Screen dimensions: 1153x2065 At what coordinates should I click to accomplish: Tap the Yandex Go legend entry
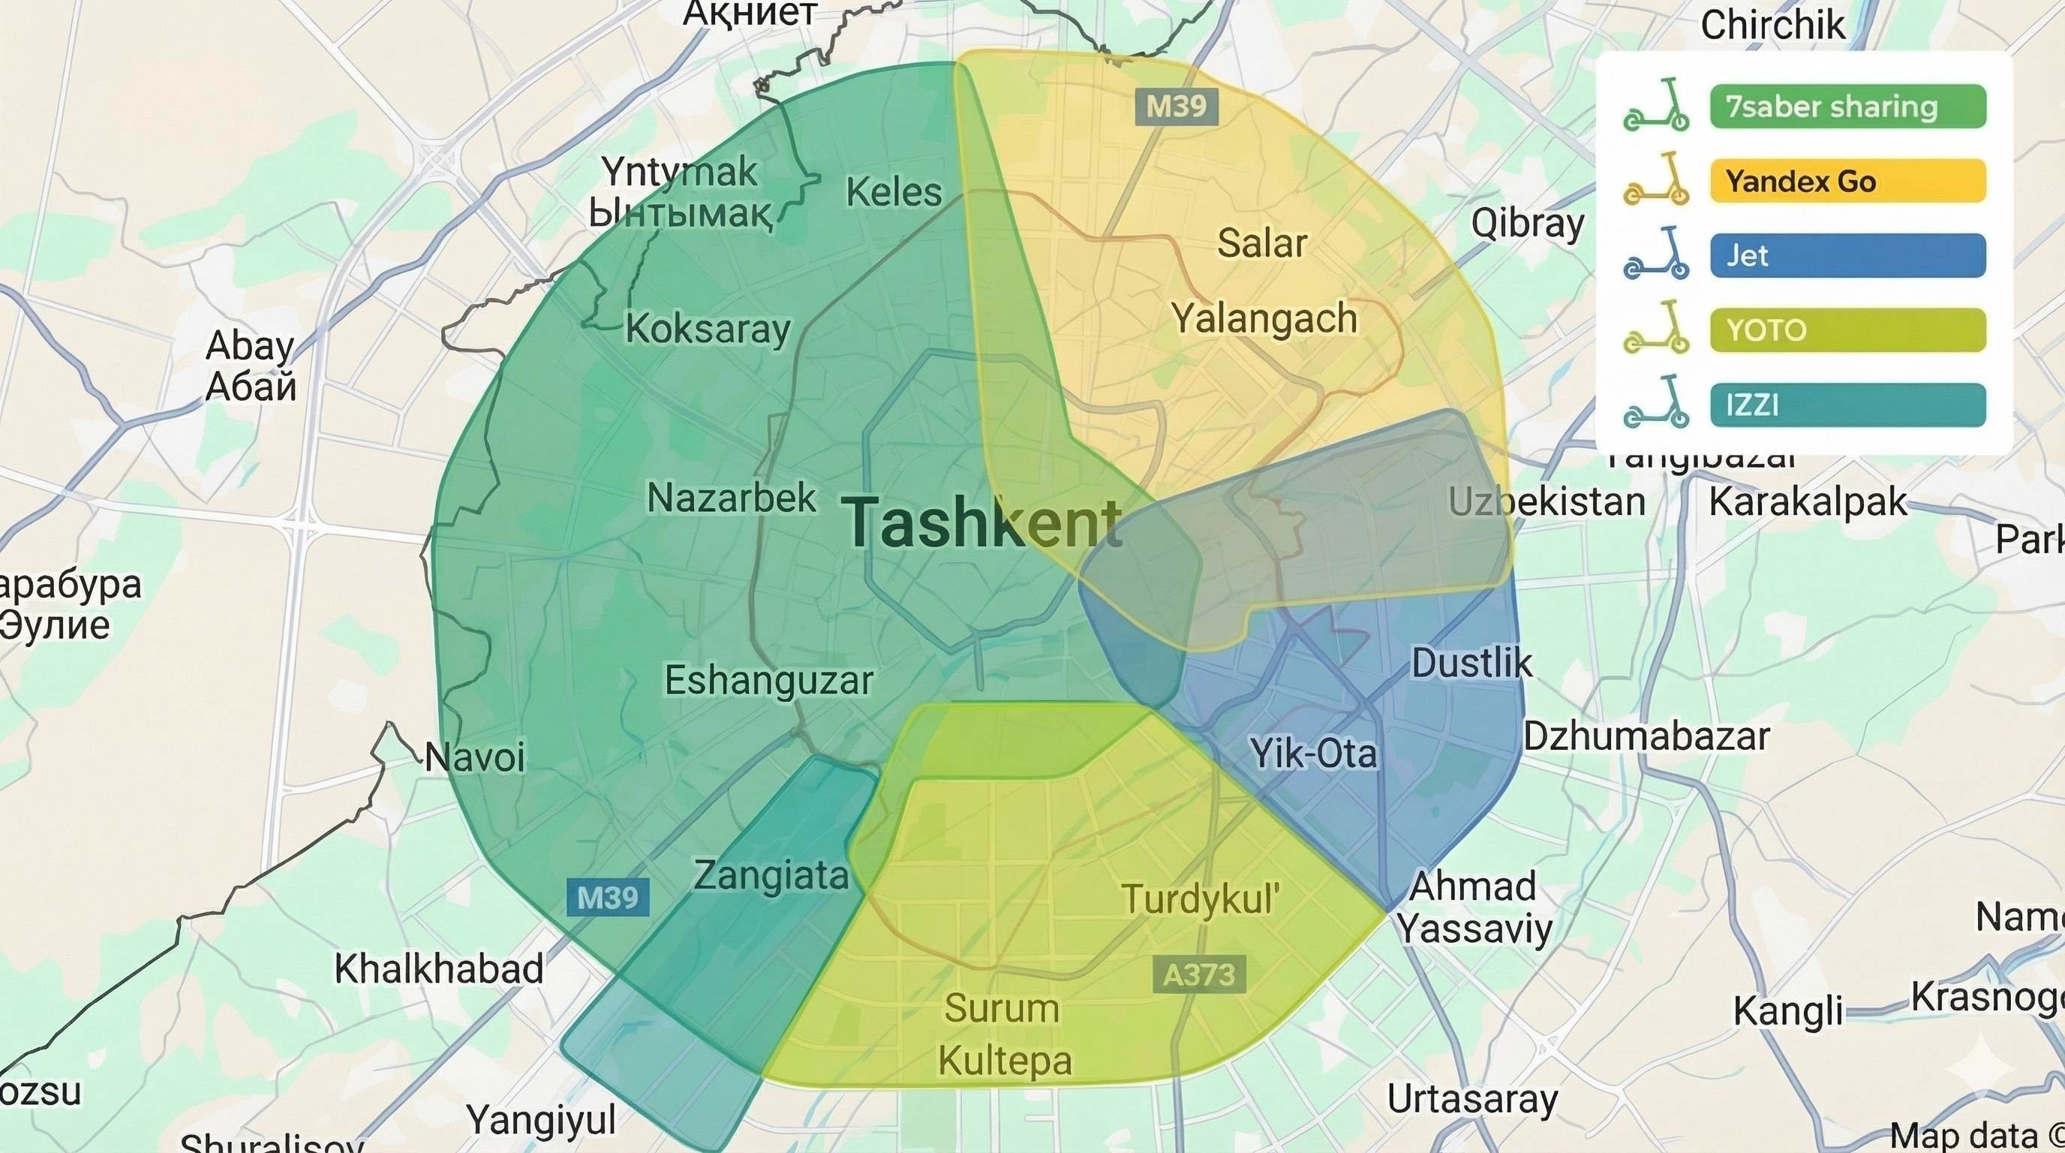pos(1847,181)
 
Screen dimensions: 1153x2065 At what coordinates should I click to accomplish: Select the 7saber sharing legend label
pos(1847,107)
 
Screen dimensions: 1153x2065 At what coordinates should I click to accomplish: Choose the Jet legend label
pos(1847,256)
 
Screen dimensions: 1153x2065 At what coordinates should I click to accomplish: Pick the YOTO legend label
pos(1847,330)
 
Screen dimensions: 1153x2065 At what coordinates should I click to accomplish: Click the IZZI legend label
pos(1847,405)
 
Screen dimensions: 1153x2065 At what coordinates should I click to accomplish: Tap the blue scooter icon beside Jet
pos(1656,254)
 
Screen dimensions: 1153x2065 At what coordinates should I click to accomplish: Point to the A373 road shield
pos(1199,974)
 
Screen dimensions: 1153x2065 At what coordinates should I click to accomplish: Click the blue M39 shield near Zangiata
pos(608,897)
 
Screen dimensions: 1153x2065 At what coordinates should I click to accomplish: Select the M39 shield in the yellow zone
pos(1176,107)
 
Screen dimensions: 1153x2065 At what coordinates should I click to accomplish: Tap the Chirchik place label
pos(1772,26)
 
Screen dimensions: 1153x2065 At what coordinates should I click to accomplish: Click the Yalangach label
pos(1264,319)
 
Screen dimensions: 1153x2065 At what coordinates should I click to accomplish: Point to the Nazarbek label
pos(731,498)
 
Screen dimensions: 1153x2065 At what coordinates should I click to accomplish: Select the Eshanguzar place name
pos(768,681)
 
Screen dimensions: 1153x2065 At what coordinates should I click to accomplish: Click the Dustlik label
pos(1471,663)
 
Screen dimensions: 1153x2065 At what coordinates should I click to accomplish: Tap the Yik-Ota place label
pos(1313,754)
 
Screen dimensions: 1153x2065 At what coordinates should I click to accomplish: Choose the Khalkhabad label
pos(438,968)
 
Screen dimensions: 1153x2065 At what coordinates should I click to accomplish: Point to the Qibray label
pos(1527,224)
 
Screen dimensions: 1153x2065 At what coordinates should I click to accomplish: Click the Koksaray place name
pos(707,329)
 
